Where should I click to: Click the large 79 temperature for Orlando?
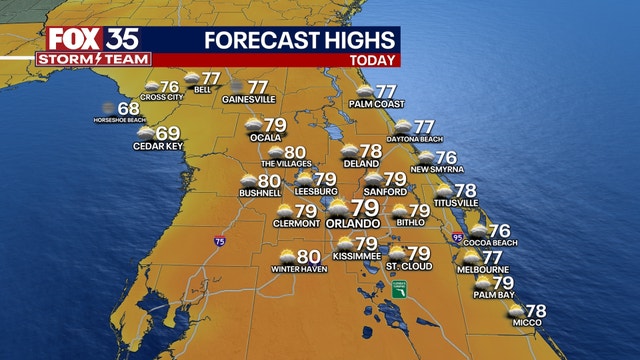[x=366, y=209]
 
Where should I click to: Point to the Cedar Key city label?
[x=155, y=146]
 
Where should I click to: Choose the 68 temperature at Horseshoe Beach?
[x=128, y=109]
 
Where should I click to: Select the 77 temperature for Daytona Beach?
[x=425, y=127]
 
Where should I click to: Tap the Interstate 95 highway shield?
[x=457, y=238]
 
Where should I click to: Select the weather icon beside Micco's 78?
[x=516, y=311]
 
